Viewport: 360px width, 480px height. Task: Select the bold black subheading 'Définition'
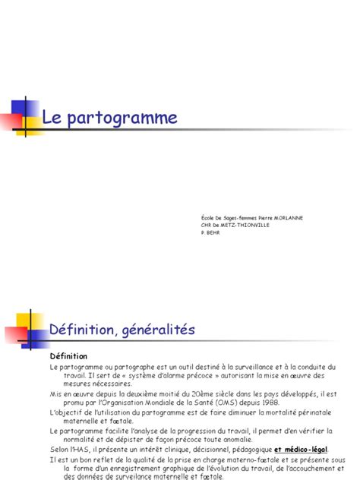coord(68,356)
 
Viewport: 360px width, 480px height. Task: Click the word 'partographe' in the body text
coord(131,366)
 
